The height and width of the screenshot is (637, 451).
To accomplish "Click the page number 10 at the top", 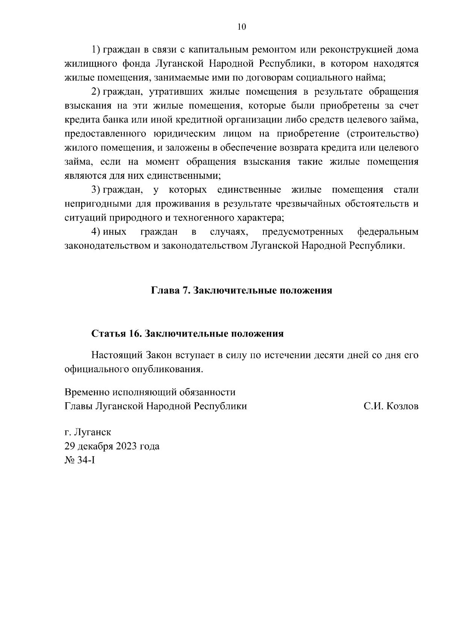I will pyautogui.click(x=242, y=27).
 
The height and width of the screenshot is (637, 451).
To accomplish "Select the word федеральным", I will pyautogui.click(x=388, y=232).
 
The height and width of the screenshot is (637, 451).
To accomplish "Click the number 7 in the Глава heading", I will pyautogui.click(x=186, y=291).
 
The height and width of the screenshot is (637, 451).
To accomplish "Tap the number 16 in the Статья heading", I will pyautogui.click(x=135, y=334).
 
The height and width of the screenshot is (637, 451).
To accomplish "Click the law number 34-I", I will pyautogui.click(x=87, y=460).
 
